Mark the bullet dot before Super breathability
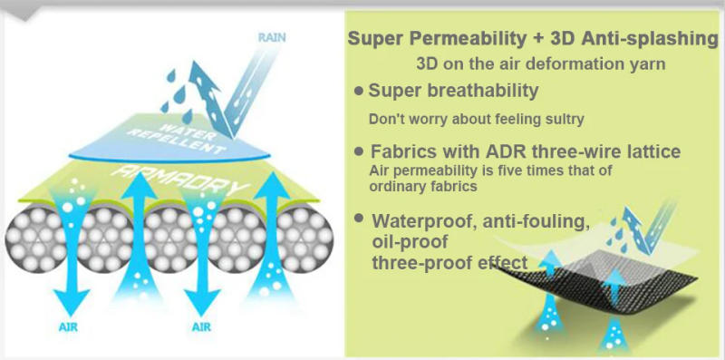pos(360,91)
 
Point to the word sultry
pos(560,119)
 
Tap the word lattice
pos(653,151)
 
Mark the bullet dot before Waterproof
pos(362,220)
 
